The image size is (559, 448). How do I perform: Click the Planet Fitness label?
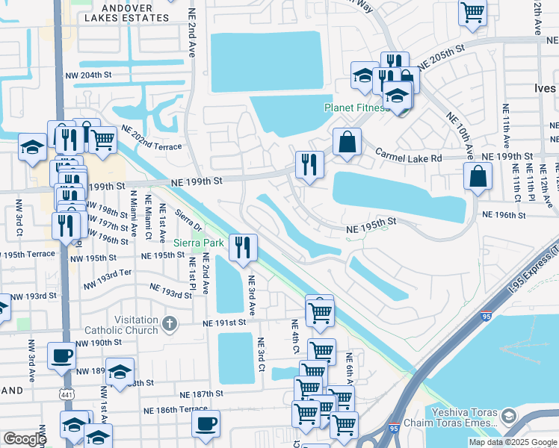click(x=356, y=108)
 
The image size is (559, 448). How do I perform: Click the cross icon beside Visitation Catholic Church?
click(x=170, y=324)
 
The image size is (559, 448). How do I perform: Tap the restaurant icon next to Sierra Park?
click(x=242, y=247)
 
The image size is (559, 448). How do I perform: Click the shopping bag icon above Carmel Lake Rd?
click(x=347, y=142)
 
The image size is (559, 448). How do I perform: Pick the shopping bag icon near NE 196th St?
click(x=478, y=177)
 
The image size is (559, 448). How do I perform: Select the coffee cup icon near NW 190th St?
click(x=61, y=355)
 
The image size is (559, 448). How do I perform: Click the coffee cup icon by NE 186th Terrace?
click(x=206, y=423)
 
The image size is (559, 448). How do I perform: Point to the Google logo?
click(x=25, y=439)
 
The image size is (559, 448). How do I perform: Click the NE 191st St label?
click(x=225, y=323)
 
